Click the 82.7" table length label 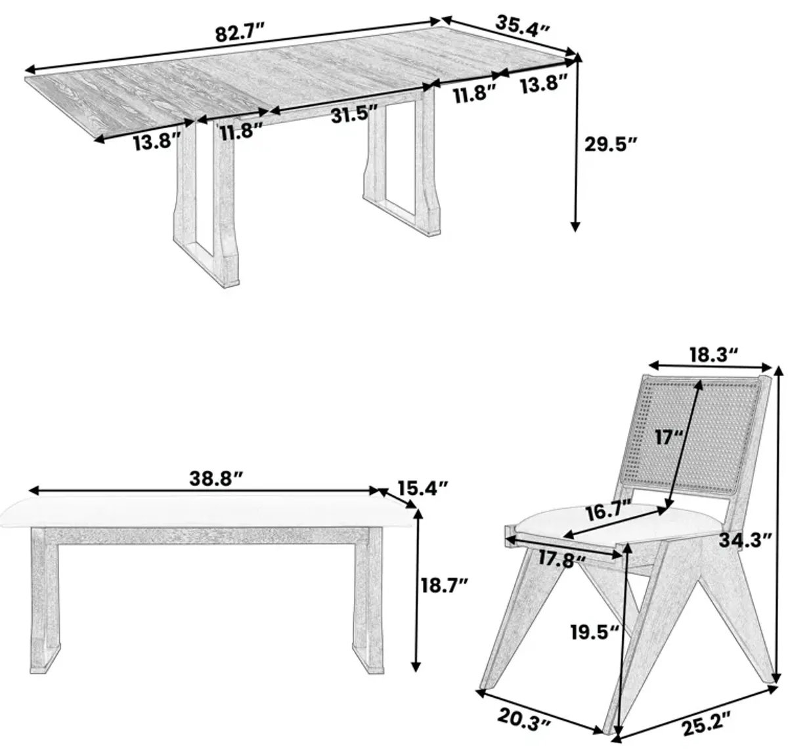pos(240,33)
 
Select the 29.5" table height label pos(611,144)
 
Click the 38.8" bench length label pos(216,478)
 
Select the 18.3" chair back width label pos(713,354)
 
